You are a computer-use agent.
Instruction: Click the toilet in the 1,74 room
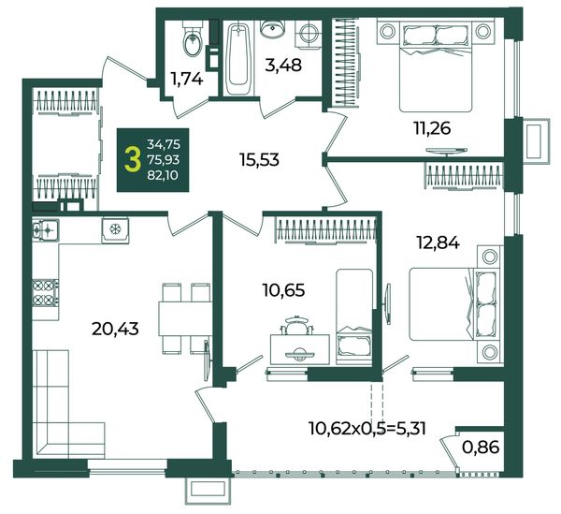pos(193,38)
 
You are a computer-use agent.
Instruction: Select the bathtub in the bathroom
pos(238,58)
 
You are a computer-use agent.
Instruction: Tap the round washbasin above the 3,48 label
pos(272,29)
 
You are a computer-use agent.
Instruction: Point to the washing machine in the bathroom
pos(308,34)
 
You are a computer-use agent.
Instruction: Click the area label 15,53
pos(260,160)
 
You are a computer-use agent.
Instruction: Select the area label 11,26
pos(432,128)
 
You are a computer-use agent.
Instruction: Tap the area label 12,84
pos(438,243)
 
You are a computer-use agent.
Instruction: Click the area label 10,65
pos(283,290)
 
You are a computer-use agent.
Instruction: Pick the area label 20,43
pos(115,329)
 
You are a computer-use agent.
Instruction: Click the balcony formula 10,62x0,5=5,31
pos(367,428)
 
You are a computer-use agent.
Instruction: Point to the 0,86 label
pos(481,447)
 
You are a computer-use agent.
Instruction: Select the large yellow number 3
pos(133,160)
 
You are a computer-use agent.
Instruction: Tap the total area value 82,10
pos(163,175)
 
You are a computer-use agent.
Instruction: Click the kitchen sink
pos(46,228)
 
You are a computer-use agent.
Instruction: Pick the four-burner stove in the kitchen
pos(46,293)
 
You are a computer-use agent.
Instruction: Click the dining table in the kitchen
pos(185,318)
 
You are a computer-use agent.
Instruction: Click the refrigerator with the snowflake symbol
pos(115,229)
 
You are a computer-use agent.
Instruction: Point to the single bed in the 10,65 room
pos(354,317)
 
